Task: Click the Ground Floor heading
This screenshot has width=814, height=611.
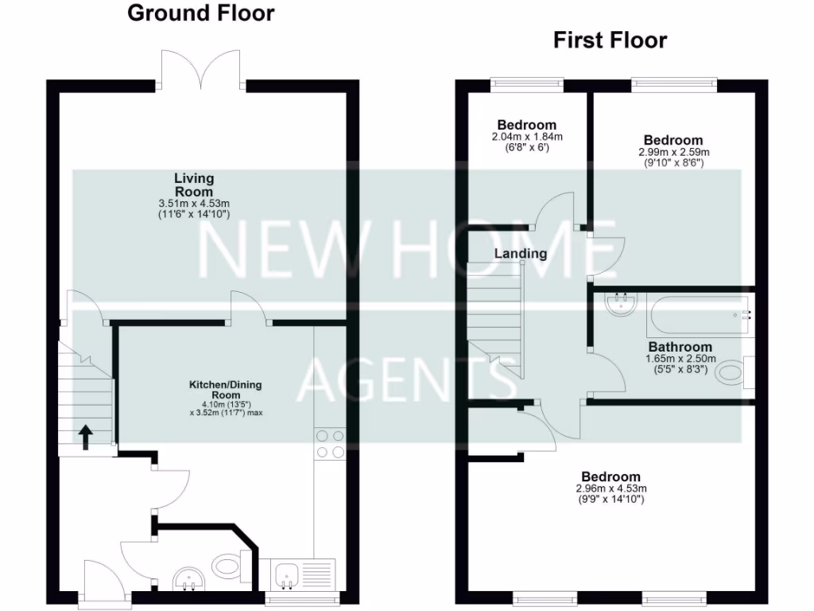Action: pyautogui.click(x=200, y=13)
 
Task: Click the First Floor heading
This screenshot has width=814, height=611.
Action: pyautogui.click(x=610, y=40)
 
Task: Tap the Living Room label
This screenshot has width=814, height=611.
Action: pyautogui.click(x=194, y=185)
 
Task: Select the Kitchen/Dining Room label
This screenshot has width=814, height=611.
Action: pyautogui.click(x=225, y=390)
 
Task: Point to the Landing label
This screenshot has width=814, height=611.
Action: pyautogui.click(x=521, y=254)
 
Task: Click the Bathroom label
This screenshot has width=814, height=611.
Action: pyautogui.click(x=680, y=347)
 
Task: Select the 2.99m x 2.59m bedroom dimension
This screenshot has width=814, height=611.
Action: pyautogui.click(x=673, y=152)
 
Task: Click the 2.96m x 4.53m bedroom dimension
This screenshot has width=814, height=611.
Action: pyautogui.click(x=610, y=488)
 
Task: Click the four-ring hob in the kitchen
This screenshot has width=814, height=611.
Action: pyautogui.click(x=330, y=444)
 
